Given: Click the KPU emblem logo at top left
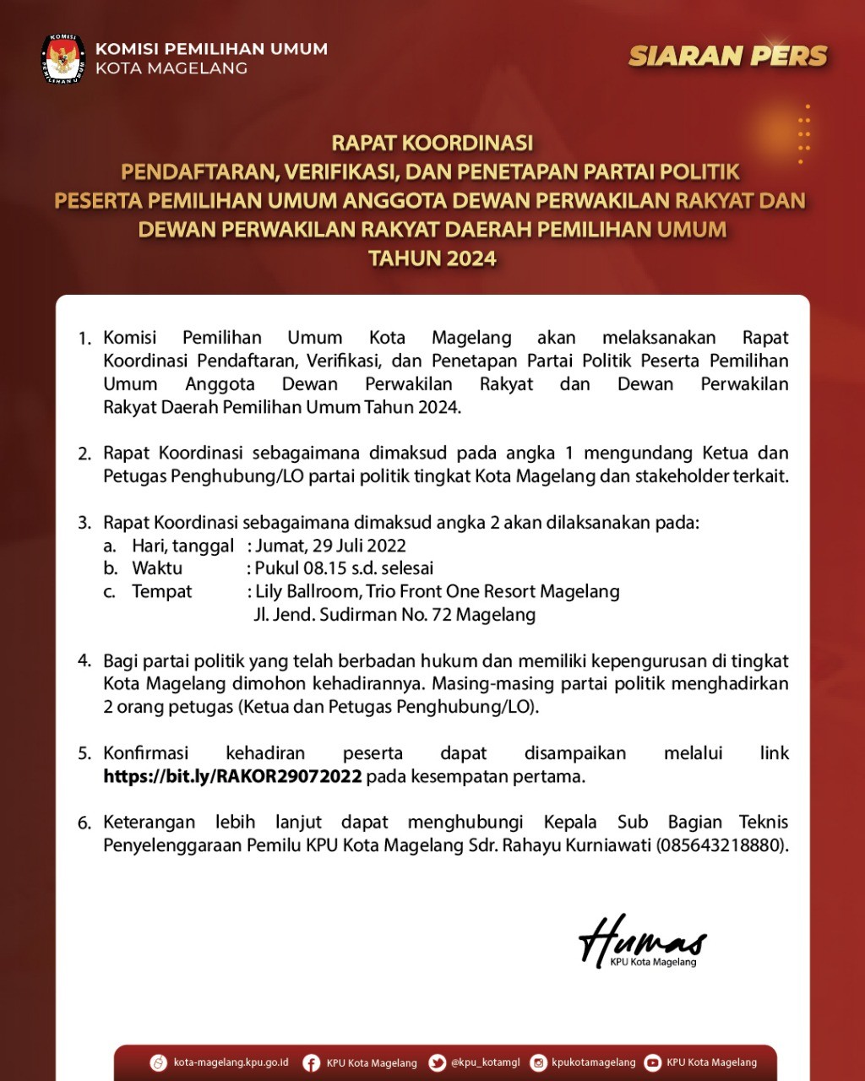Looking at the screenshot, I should pos(63,58).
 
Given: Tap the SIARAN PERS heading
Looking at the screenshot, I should pos(727,56).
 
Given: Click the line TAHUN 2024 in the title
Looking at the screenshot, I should pos(432,258).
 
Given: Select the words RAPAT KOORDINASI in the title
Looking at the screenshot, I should pos(432,143).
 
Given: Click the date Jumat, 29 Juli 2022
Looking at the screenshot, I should pos(331,546).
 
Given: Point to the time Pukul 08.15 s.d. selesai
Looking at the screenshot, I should pos(345,568).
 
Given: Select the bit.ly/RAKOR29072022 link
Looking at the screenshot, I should pos(232,776).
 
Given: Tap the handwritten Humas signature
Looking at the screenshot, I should pos(642,939).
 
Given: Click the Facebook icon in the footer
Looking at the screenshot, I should pos(311,1062).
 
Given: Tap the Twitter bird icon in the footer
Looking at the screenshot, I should pos(437,1062).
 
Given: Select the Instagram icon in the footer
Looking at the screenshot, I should pos(538,1062).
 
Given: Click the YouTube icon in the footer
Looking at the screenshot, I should pos(652,1062).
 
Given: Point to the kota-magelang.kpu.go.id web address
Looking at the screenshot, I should pos(231,1062).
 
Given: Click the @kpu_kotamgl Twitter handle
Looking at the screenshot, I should pos(485,1062).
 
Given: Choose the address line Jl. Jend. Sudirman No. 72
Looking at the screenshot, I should pos(394,615).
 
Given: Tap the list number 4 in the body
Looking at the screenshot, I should pos(84,660).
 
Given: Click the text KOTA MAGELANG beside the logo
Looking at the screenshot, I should pos(171,68).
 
